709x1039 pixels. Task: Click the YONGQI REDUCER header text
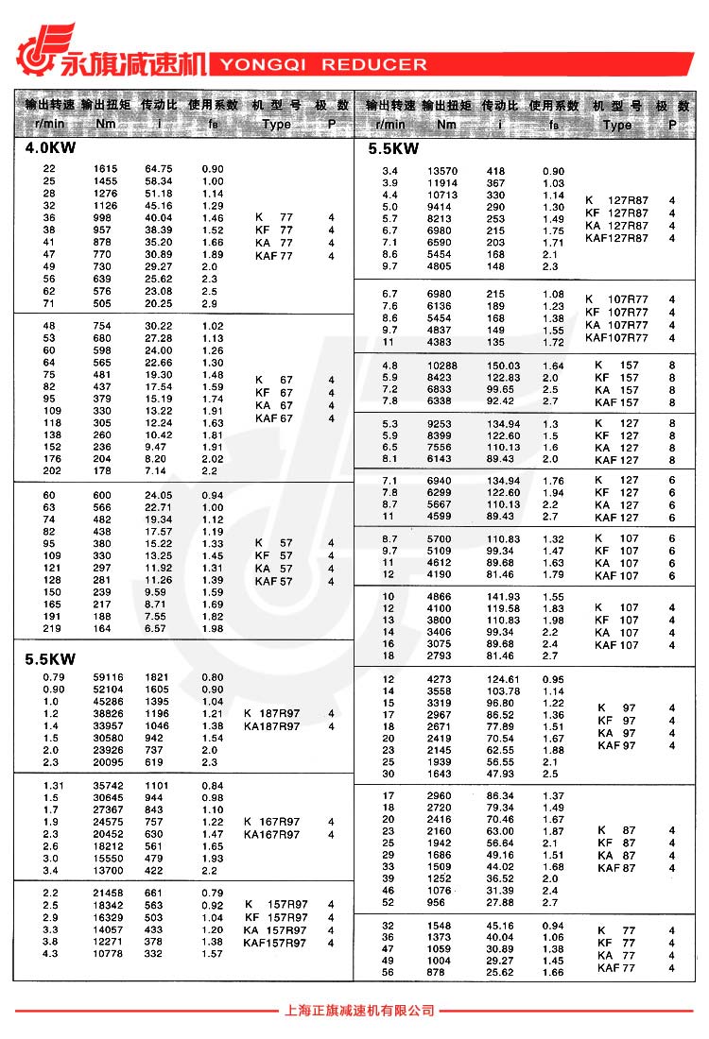323,65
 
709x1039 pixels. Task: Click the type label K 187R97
271,714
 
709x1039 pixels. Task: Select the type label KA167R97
271,835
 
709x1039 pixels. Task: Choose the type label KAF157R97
275,944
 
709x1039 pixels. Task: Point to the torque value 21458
107,893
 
